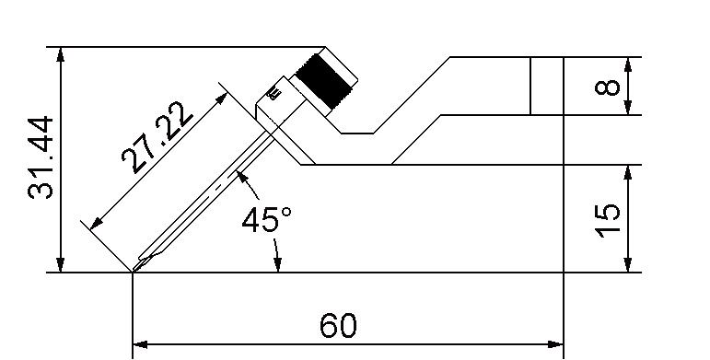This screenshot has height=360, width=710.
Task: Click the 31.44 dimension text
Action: click(41, 157)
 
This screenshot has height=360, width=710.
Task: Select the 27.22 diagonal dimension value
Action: click(157, 137)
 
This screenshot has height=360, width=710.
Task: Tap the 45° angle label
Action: click(266, 220)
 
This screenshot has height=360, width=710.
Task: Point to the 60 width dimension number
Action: click(338, 325)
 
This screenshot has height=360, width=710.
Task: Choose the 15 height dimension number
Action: click(607, 221)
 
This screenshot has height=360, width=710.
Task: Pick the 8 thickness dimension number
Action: click(607, 86)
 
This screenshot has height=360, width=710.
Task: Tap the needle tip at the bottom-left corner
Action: click(134, 272)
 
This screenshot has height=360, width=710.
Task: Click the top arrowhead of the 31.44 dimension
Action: click(61, 54)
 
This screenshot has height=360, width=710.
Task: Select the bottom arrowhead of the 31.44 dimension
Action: click(61, 265)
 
